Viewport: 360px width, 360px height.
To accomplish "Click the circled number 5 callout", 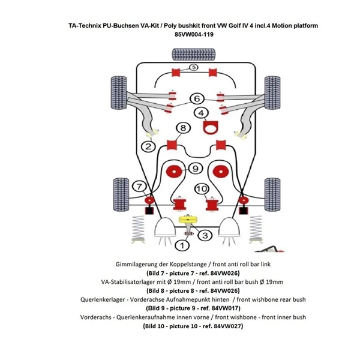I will (193, 68).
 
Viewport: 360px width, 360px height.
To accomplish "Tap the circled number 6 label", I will (196, 98).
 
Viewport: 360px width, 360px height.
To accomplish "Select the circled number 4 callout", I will (200, 113).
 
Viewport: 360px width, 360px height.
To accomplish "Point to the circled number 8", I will (184, 128).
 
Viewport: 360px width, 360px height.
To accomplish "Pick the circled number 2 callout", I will (146, 145).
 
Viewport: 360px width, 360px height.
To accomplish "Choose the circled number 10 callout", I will (202, 190).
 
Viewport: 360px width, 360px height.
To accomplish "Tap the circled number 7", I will (138, 186).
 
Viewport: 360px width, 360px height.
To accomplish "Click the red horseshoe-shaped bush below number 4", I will (210, 128).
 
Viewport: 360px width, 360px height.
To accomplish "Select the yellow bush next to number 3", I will (190, 220).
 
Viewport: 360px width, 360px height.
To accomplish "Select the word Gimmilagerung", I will (138, 264).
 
